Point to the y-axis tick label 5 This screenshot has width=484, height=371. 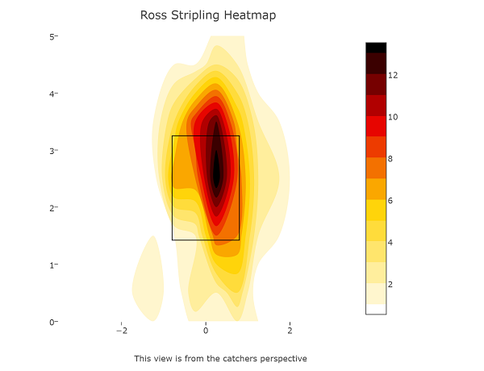pos(52,37)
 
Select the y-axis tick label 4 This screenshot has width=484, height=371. pos(52,94)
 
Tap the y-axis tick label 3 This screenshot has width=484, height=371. pos(52,151)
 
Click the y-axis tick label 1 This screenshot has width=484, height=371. pos(52,265)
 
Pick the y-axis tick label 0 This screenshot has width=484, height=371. pos(52,322)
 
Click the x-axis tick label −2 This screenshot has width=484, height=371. pos(122,331)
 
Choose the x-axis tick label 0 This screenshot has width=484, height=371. pos(206,331)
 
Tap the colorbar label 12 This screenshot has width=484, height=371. pos(393,75)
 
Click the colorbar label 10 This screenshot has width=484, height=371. pos(393,117)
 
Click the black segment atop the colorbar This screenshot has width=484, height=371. pos(376,48)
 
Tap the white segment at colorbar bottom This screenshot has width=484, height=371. pos(376,308)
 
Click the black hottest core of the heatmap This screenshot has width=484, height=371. pos(215,169)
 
